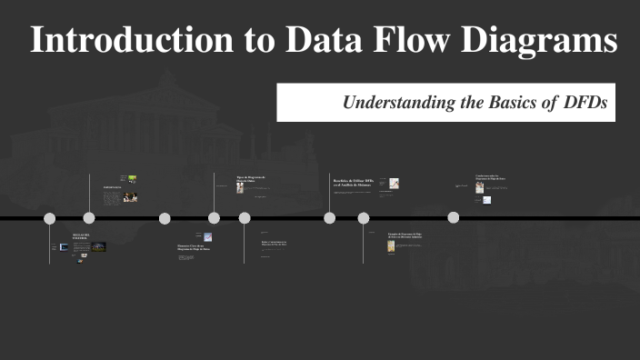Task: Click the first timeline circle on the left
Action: pyautogui.click(x=50, y=218)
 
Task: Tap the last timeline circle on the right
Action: pyautogui.click(x=453, y=217)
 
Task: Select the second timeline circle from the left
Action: pyautogui.click(x=89, y=218)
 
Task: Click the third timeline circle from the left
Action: pyautogui.click(x=165, y=218)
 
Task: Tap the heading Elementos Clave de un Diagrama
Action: pyautogui.click(x=193, y=247)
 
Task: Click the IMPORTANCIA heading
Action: pyautogui.click(x=112, y=188)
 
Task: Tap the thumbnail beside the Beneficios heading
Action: pyautogui.click(x=394, y=184)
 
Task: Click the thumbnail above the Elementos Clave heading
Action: pyautogui.click(x=208, y=237)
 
